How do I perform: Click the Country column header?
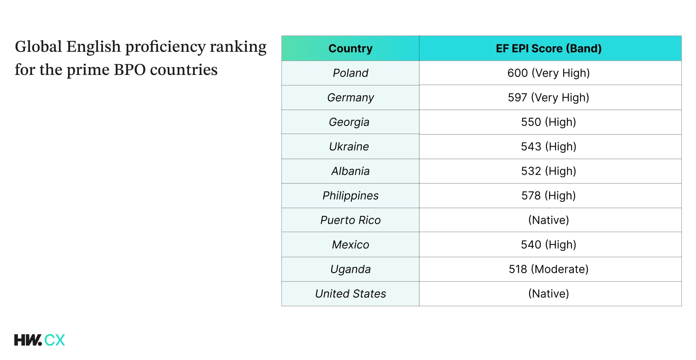tap(350, 48)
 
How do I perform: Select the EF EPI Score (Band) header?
tap(548, 48)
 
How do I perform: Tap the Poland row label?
tap(350, 73)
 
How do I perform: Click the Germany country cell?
tap(350, 98)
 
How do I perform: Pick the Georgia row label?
tap(349, 122)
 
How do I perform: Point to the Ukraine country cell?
tap(349, 147)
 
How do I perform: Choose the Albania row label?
tap(350, 171)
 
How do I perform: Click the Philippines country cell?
tap(350, 196)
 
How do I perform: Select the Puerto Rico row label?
tap(350, 220)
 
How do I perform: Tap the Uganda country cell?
tap(350, 269)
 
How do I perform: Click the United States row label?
tap(350, 294)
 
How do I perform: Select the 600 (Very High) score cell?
tap(548, 73)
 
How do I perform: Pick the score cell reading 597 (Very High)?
tap(548, 98)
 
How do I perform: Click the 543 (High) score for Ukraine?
tap(548, 147)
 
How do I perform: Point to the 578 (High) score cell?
tap(548, 196)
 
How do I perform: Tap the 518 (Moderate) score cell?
tap(548, 269)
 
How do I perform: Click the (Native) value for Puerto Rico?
tap(548, 220)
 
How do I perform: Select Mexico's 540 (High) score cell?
tap(548, 245)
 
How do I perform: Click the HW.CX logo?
tap(39, 340)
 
